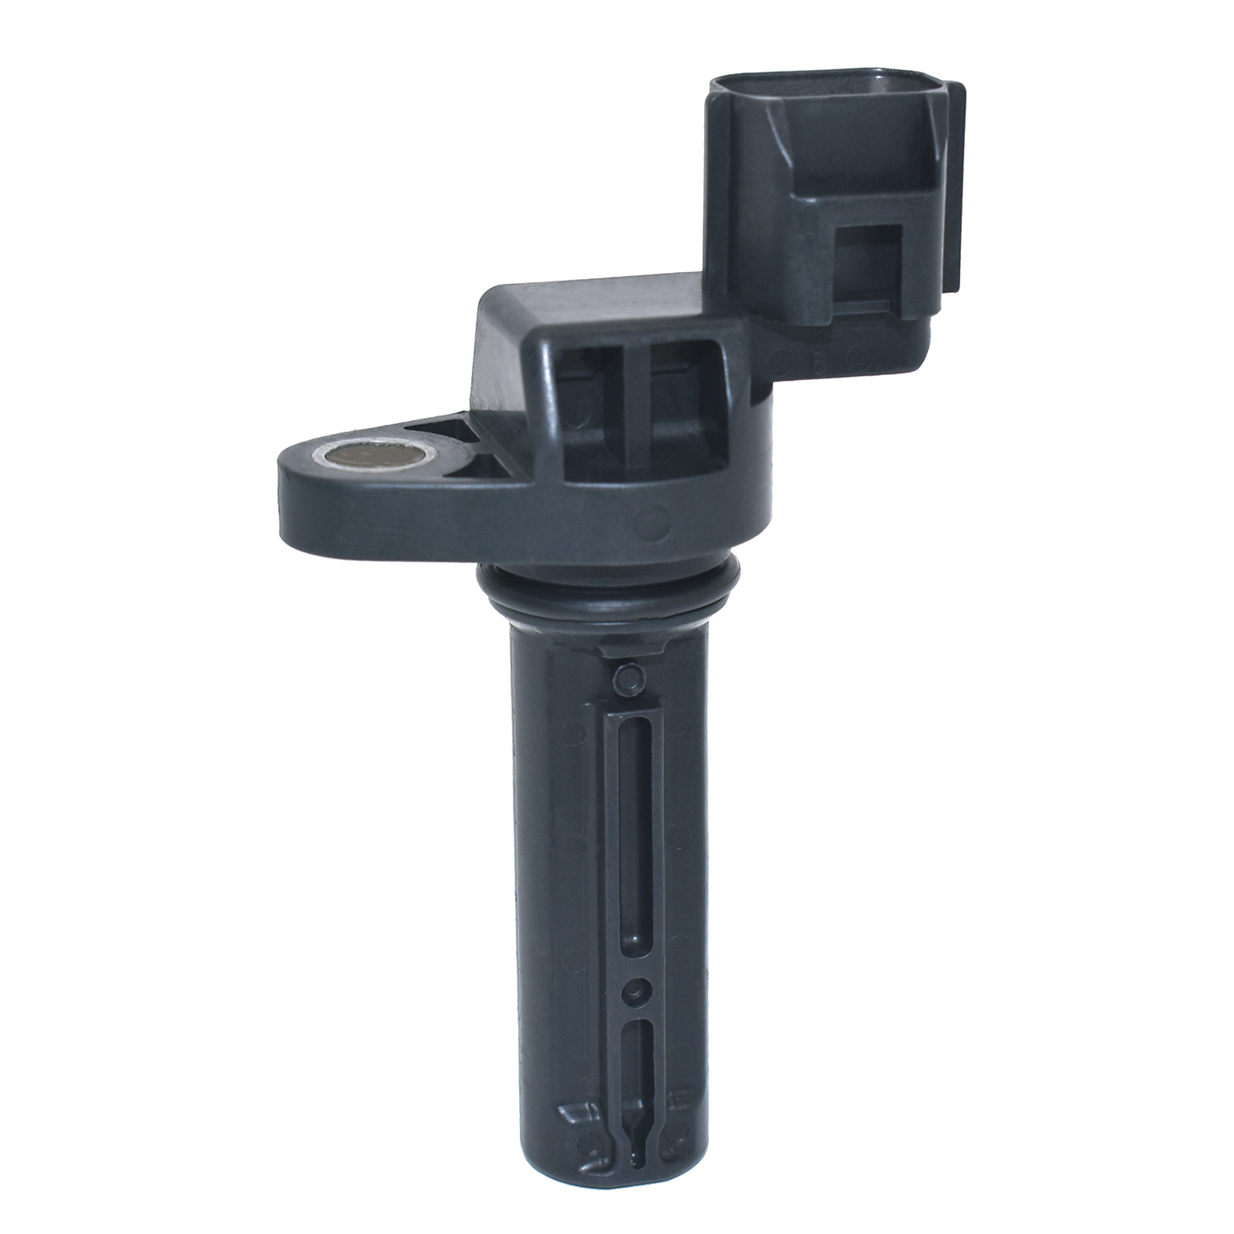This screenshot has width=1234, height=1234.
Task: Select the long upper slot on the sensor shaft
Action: click(631, 831)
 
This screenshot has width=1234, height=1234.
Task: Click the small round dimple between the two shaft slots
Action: click(632, 990)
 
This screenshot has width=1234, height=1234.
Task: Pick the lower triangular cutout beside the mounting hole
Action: click(486, 466)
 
